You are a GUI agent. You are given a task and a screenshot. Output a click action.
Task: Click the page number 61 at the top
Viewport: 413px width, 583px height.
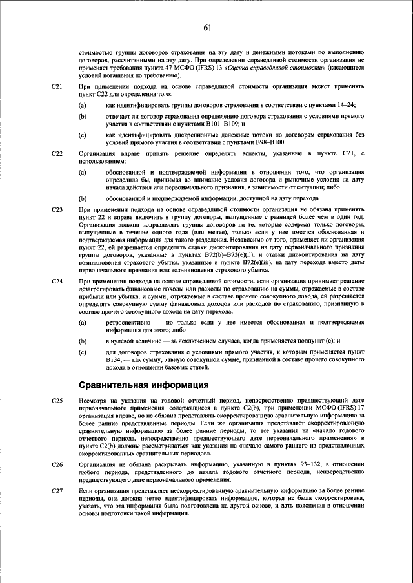pos(207,27)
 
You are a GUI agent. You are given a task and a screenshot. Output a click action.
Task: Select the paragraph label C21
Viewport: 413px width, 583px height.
pos(57,86)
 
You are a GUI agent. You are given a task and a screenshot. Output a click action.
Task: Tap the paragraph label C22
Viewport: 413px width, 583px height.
pos(57,153)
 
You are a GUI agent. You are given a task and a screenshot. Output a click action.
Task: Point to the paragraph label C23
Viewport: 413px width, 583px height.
pos(57,210)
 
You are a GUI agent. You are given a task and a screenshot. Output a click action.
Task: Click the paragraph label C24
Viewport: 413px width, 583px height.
pos(57,282)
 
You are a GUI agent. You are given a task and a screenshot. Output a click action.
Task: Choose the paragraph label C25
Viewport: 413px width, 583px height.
pos(57,401)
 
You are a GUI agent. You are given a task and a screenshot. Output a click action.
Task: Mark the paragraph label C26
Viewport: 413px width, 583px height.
pos(57,464)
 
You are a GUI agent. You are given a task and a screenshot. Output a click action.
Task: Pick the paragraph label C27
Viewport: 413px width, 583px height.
pos(57,492)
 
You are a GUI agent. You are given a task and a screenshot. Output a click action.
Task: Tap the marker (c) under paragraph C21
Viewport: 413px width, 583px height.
pos(83,135)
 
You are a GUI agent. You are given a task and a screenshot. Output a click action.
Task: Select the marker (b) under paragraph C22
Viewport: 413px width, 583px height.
pos(83,198)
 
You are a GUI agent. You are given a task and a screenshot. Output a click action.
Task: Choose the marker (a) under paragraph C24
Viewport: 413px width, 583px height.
pos(83,321)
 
